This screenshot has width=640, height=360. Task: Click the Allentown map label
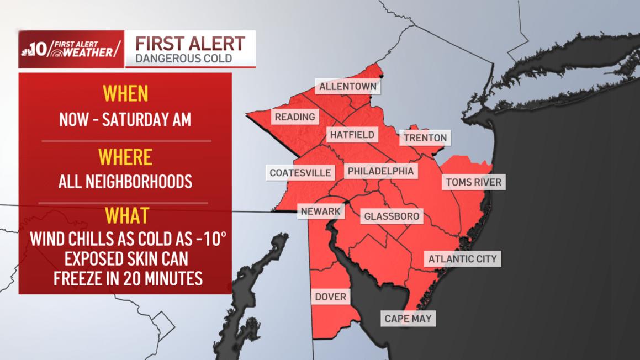pos(348,87)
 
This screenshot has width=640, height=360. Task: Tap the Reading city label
pos(295,117)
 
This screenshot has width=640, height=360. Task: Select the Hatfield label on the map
pos(352,135)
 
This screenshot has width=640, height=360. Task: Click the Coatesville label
pos(300,173)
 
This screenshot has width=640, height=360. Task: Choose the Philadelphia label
pos(380,172)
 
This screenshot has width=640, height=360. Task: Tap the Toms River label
pos(473,182)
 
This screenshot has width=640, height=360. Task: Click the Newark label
pos(321,211)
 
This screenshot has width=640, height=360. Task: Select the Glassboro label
pos(391,216)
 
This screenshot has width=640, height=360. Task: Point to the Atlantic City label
pos(462,258)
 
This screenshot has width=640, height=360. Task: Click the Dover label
pos(330,297)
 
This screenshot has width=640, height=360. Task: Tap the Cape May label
pos(408,319)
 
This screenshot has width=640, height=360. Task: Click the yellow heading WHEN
pos(126,93)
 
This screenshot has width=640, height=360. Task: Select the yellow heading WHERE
pos(125,157)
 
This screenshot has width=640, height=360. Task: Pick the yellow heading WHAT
pos(125,215)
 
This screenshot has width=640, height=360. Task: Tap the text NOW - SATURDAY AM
pos(125,119)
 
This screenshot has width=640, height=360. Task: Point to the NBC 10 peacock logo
pos(27,50)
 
